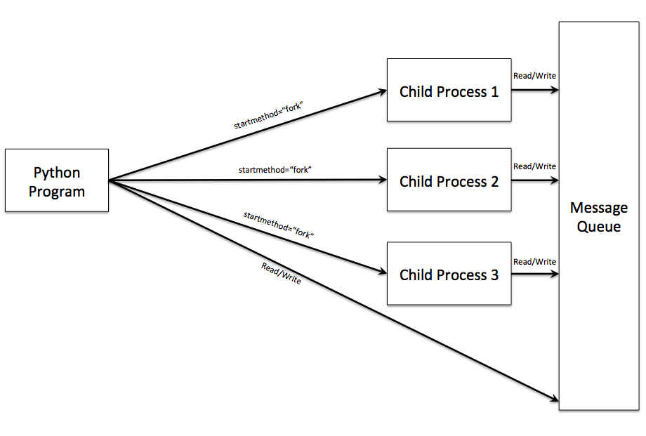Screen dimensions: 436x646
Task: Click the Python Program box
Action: tap(57, 180)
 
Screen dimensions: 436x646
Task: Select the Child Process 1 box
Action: tap(449, 91)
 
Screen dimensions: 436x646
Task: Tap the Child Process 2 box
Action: tap(449, 180)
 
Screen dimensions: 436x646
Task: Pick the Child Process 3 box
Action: tap(449, 274)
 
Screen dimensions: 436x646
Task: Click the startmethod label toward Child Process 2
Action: tap(275, 170)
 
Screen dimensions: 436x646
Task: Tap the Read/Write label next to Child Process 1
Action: tap(535, 76)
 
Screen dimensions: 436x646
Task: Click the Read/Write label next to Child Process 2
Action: tap(535, 166)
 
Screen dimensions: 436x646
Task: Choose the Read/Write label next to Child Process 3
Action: tap(535, 262)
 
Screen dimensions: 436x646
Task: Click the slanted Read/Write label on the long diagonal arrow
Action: tap(282, 273)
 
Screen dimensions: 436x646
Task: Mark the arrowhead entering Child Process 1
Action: tap(383, 91)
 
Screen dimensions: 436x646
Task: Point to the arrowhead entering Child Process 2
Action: tap(383, 180)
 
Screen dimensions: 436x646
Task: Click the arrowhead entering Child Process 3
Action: tap(383, 272)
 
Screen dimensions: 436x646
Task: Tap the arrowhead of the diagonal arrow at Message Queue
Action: tap(554, 400)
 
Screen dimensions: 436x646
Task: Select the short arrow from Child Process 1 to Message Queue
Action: tap(535, 90)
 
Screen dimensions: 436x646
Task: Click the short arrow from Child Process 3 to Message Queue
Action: tap(535, 274)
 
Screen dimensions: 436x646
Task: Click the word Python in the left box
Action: tap(57, 172)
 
